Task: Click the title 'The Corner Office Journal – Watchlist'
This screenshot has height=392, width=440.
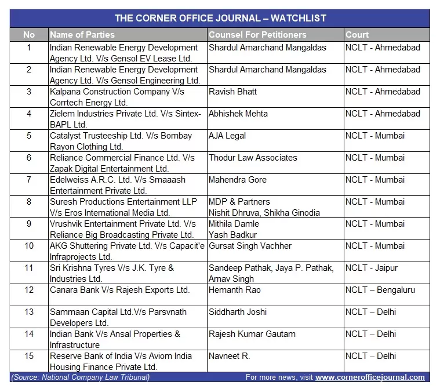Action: click(220, 18)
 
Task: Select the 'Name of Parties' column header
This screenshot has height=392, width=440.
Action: click(82, 35)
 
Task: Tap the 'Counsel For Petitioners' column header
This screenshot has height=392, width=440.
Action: click(257, 35)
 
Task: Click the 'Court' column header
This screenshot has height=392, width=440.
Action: click(357, 35)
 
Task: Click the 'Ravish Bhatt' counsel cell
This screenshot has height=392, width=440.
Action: click(232, 92)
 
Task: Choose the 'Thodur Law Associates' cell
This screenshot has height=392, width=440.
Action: click(253, 158)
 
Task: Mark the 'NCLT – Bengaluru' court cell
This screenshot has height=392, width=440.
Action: click(380, 290)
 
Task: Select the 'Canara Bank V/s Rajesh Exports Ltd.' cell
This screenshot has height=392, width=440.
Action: click(119, 290)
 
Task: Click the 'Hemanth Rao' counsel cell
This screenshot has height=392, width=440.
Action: click(235, 290)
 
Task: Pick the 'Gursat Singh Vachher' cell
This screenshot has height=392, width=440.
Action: click(250, 246)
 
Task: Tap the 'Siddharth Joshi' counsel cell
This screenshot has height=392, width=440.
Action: click(238, 312)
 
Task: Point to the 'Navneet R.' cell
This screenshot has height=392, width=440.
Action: click(230, 356)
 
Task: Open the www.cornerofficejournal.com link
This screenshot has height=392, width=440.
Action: click(370, 378)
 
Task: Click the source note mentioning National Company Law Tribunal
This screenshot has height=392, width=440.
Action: click(80, 378)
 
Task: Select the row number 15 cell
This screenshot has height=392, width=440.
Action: click(28, 356)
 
